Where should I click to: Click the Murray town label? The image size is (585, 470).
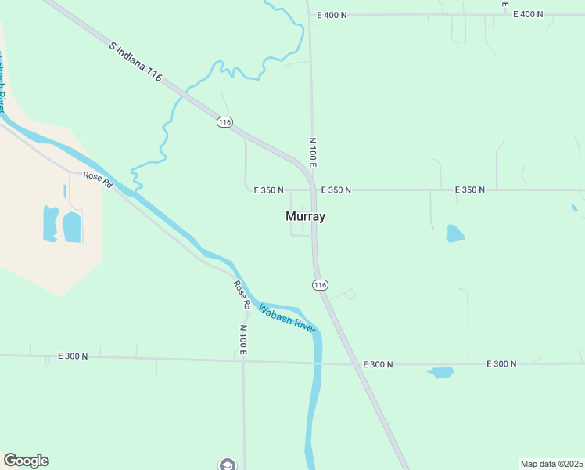305,216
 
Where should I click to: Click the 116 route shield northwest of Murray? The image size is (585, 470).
225,122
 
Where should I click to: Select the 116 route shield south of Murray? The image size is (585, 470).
320,285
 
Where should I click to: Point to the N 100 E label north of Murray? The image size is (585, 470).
312,152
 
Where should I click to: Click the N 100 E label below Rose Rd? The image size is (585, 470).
243,340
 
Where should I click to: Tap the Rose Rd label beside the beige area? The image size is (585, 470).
99,178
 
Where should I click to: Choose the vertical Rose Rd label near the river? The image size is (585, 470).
242,293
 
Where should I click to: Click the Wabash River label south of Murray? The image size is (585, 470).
286,317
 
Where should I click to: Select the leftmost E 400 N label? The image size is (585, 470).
332,15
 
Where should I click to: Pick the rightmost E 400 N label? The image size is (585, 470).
528,15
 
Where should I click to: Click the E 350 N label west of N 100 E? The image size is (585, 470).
268,190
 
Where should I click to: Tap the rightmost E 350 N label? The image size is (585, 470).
469,190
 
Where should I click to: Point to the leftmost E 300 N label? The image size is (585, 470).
73,356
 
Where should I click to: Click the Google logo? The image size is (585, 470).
26,461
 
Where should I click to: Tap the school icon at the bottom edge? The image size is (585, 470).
228,465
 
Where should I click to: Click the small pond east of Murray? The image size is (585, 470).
454,233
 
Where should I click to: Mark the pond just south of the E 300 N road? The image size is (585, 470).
441,373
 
